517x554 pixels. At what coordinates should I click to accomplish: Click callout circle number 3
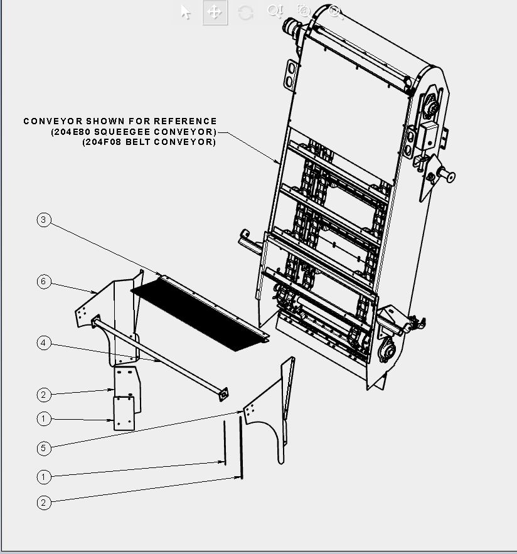click(43, 220)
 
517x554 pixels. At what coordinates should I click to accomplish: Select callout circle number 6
click(43, 282)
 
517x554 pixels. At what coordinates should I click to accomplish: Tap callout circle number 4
click(43, 343)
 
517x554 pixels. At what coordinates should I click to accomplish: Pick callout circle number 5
click(43, 449)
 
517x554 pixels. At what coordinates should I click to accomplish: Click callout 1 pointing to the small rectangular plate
click(43, 419)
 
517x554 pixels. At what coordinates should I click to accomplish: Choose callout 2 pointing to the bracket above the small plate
click(43, 395)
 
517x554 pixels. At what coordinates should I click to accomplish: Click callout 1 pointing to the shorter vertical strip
click(43, 477)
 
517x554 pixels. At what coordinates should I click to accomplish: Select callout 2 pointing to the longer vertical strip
click(43, 503)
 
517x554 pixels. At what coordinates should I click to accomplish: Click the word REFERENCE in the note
click(185, 121)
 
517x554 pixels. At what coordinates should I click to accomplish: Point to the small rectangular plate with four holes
click(124, 413)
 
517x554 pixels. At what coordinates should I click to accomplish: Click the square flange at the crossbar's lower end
click(223, 394)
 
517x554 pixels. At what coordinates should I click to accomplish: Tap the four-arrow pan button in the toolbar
click(215, 13)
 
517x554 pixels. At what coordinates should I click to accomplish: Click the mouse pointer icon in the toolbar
click(186, 13)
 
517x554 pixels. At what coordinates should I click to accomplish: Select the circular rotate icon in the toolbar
click(245, 13)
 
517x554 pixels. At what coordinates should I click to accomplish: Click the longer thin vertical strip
click(241, 447)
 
